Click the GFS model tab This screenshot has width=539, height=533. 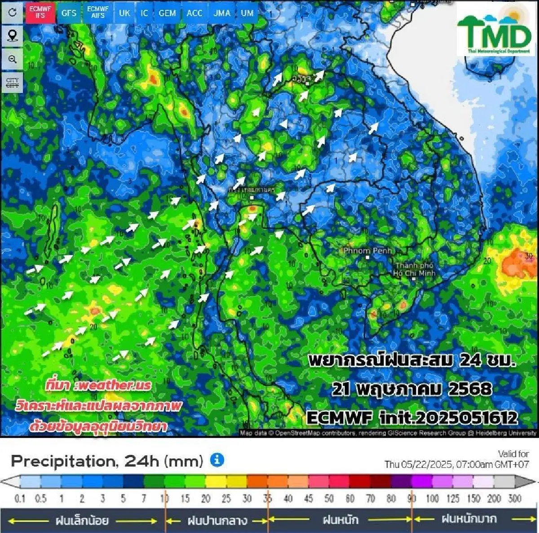click(69, 13)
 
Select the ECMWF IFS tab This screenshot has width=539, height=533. click(40, 12)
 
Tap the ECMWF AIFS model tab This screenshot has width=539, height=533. click(98, 12)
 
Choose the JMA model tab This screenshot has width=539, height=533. click(222, 13)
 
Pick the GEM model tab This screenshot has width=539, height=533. click(167, 13)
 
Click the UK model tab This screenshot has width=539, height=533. click(124, 13)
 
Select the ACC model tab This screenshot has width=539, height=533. click(194, 13)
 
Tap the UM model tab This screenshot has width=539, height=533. click(247, 13)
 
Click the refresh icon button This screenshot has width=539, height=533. click(12, 12)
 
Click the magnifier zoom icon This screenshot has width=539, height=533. click(12, 59)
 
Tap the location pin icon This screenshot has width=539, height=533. click(12, 35)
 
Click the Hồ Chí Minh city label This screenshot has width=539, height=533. click(415, 269)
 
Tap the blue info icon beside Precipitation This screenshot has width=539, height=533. click(217, 460)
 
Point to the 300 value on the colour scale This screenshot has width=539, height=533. click(515, 499)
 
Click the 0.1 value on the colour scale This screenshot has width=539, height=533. click(20, 499)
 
